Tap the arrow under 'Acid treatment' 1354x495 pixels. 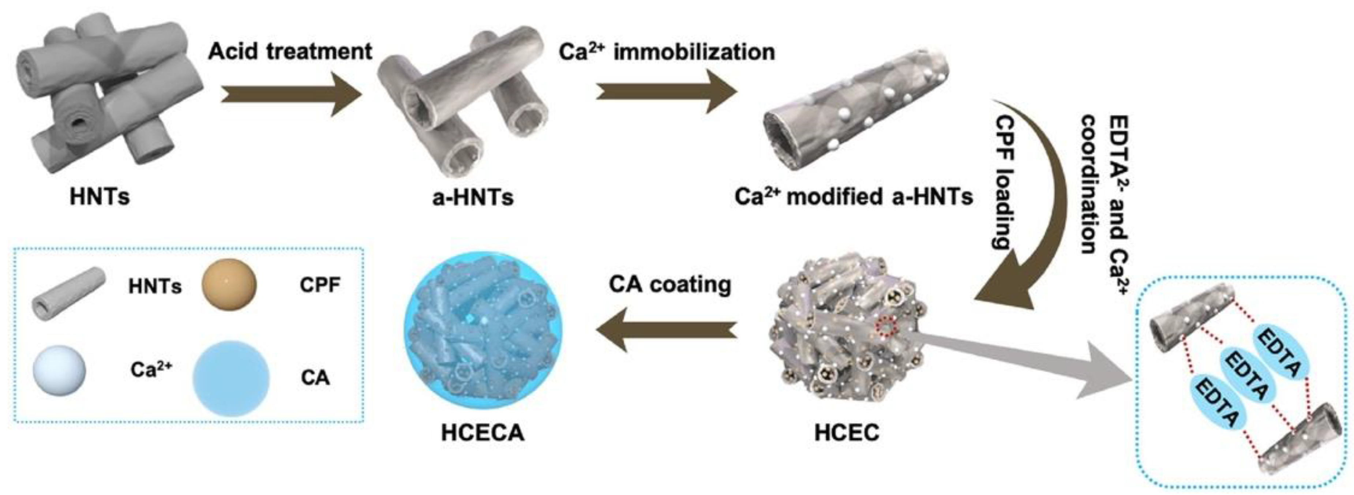click(292, 95)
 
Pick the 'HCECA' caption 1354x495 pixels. click(483, 432)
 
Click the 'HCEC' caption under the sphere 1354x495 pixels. click(846, 432)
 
